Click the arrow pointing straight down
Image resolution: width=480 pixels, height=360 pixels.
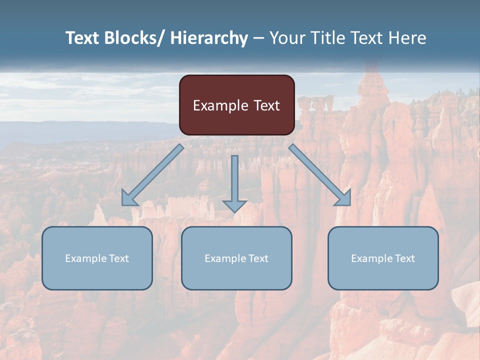[234, 182]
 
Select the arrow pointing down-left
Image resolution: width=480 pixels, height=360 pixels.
[152, 175]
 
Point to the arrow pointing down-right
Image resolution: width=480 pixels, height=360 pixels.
[320, 175]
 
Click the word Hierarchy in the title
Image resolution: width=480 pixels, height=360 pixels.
[209, 38]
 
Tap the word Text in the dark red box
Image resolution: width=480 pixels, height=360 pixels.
[266, 105]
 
